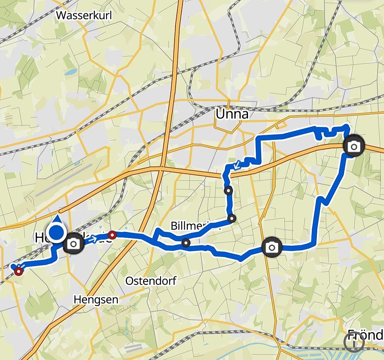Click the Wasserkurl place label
pyautogui.click(x=84, y=16)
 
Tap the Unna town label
pyautogui.click(x=232, y=114)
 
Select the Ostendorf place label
pyautogui.click(x=151, y=281)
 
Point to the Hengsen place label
pyautogui.click(x=96, y=299)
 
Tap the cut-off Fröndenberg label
pyautogui.click(x=365, y=334)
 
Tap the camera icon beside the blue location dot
pyautogui.click(x=74, y=243)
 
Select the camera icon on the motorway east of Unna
pyautogui.click(x=354, y=146)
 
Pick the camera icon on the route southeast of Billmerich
pyautogui.click(x=272, y=248)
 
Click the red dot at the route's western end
pyautogui.click(x=19, y=272)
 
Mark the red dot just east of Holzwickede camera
pyautogui.click(x=112, y=235)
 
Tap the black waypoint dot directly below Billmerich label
pyautogui.click(x=186, y=242)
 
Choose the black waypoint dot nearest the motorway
pyautogui.click(x=228, y=191)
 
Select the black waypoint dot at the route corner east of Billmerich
pyautogui.click(x=232, y=218)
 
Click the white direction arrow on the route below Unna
pyautogui.click(x=236, y=165)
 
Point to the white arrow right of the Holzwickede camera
pyautogui.click(x=92, y=239)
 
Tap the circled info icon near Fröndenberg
pyautogui.click(x=354, y=343)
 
